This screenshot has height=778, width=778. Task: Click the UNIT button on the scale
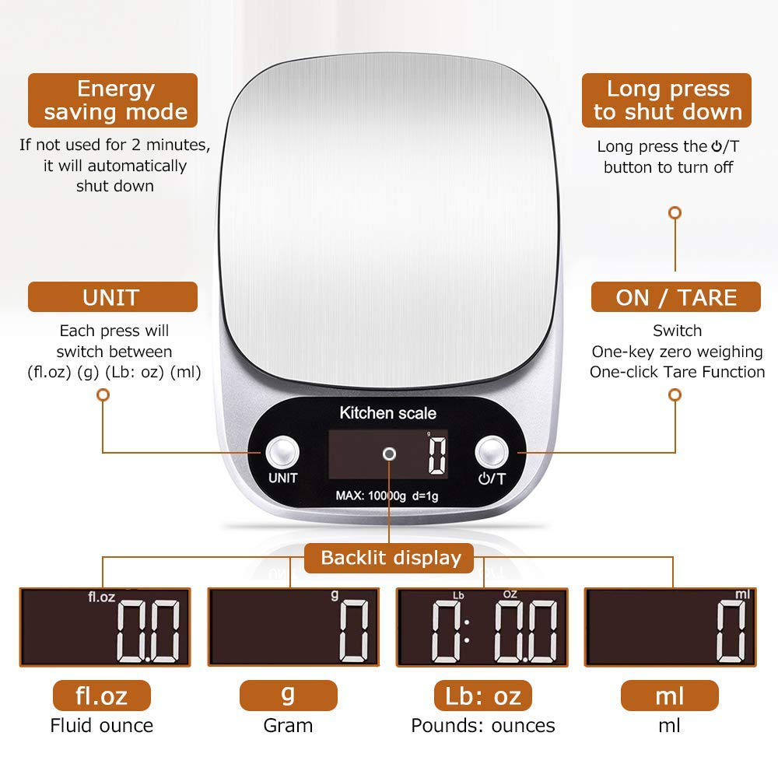click(282, 452)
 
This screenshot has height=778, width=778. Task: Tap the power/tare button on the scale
click(492, 452)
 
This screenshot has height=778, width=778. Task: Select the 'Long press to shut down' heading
click(668, 100)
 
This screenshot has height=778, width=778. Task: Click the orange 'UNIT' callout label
click(112, 297)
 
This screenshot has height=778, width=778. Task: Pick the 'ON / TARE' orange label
click(675, 297)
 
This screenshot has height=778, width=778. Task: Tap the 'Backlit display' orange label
click(391, 557)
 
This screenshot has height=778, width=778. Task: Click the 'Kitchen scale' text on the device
click(387, 413)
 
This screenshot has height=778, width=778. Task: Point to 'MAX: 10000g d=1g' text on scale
click(386, 495)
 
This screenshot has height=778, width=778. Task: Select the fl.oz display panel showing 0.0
click(104, 627)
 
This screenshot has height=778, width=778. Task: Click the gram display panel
click(293, 627)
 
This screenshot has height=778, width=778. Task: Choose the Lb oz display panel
click(482, 627)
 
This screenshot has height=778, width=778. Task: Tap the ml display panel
click(671, 627)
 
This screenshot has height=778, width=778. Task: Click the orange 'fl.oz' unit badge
click(101, 696)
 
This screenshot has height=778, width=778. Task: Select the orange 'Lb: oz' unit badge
click(482, 696)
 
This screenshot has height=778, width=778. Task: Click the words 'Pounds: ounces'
click(482, 726)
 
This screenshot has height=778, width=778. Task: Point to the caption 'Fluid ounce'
click(102, 726)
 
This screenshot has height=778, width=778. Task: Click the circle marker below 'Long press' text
click(675, 212)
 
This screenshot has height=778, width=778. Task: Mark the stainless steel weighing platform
click(389, 218)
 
